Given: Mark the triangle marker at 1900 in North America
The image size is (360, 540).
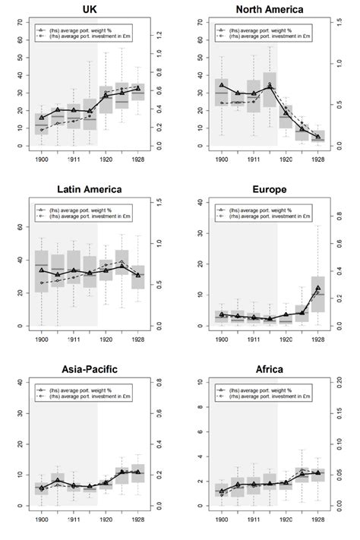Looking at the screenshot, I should point(222,84).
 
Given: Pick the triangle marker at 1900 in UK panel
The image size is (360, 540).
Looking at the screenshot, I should point(42,118).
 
